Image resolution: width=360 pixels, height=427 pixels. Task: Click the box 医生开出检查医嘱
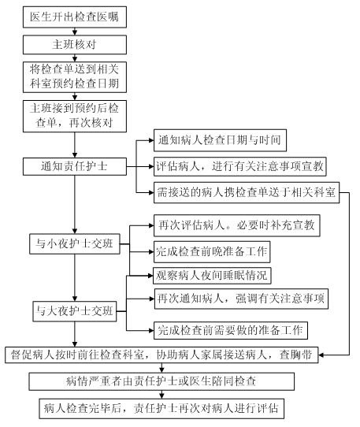click(75, 17)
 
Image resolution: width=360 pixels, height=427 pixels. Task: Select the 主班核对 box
click(75, 45)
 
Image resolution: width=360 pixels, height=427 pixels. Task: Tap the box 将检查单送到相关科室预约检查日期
click(75, 77)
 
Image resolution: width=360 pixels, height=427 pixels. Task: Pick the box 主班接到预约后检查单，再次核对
click(75, 116)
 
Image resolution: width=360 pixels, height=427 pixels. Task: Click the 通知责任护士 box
click(75, 166)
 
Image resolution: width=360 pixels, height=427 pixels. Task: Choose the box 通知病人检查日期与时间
click(220, 140)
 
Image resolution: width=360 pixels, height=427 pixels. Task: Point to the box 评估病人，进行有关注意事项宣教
click(240, 166)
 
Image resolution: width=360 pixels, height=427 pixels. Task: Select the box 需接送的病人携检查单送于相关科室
click(247, 192)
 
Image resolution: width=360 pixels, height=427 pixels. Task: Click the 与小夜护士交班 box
click(75, 243)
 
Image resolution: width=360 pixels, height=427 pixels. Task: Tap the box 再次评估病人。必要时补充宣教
click(236, 225)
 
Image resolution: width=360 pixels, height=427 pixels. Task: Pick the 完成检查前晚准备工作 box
click(212, 251)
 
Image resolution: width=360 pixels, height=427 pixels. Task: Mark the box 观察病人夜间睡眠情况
click(212, 276)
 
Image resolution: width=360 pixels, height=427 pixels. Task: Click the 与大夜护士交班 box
click(75, 311)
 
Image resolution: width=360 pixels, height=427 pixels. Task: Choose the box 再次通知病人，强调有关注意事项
click(241, 299)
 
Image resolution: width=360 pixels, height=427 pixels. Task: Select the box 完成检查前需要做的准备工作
click(231, 330)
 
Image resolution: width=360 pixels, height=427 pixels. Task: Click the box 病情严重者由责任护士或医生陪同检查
click(161, 381)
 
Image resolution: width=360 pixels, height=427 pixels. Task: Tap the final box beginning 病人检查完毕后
click(161, 409)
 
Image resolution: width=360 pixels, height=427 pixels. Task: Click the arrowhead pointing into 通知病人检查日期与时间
click(151, 140)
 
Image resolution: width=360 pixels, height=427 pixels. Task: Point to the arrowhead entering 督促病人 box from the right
click(321, 355)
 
